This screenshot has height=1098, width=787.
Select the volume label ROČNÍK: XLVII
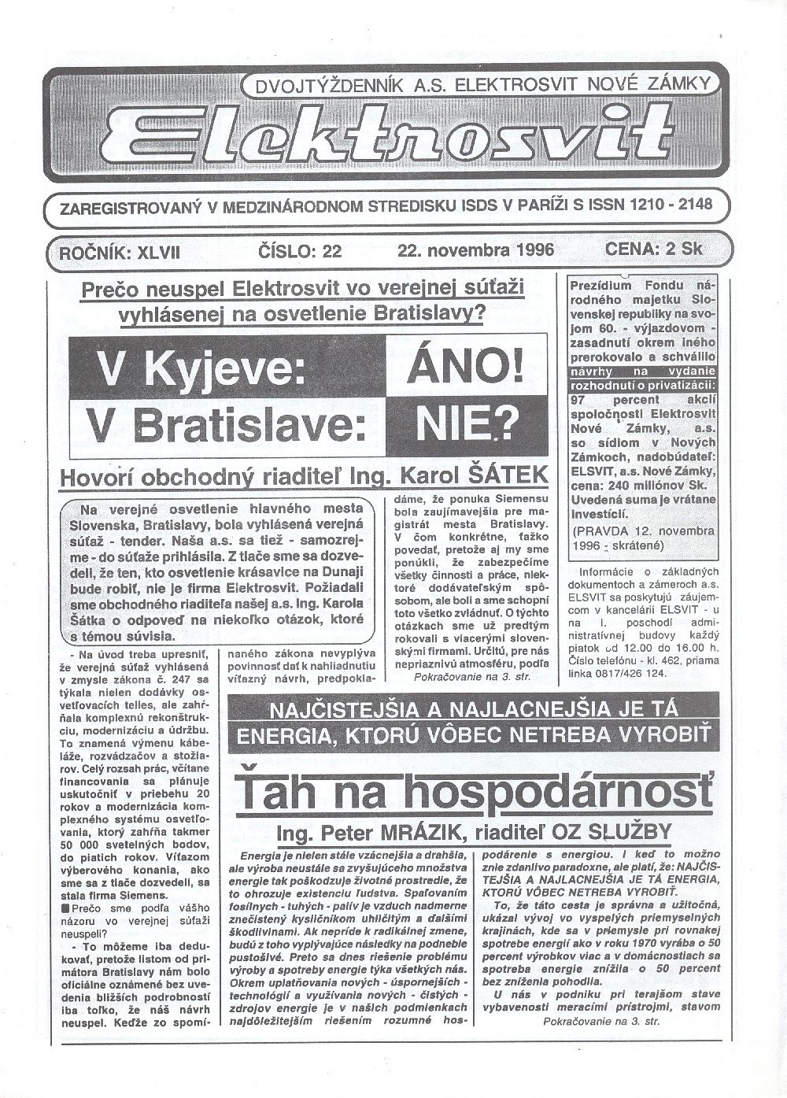[x=120, y=252]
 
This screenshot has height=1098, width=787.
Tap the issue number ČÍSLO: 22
[x=300, y=251]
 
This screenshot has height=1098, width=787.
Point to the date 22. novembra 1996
[x=476, y=250]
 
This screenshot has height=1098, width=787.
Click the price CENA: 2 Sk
[x=654, y=249]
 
